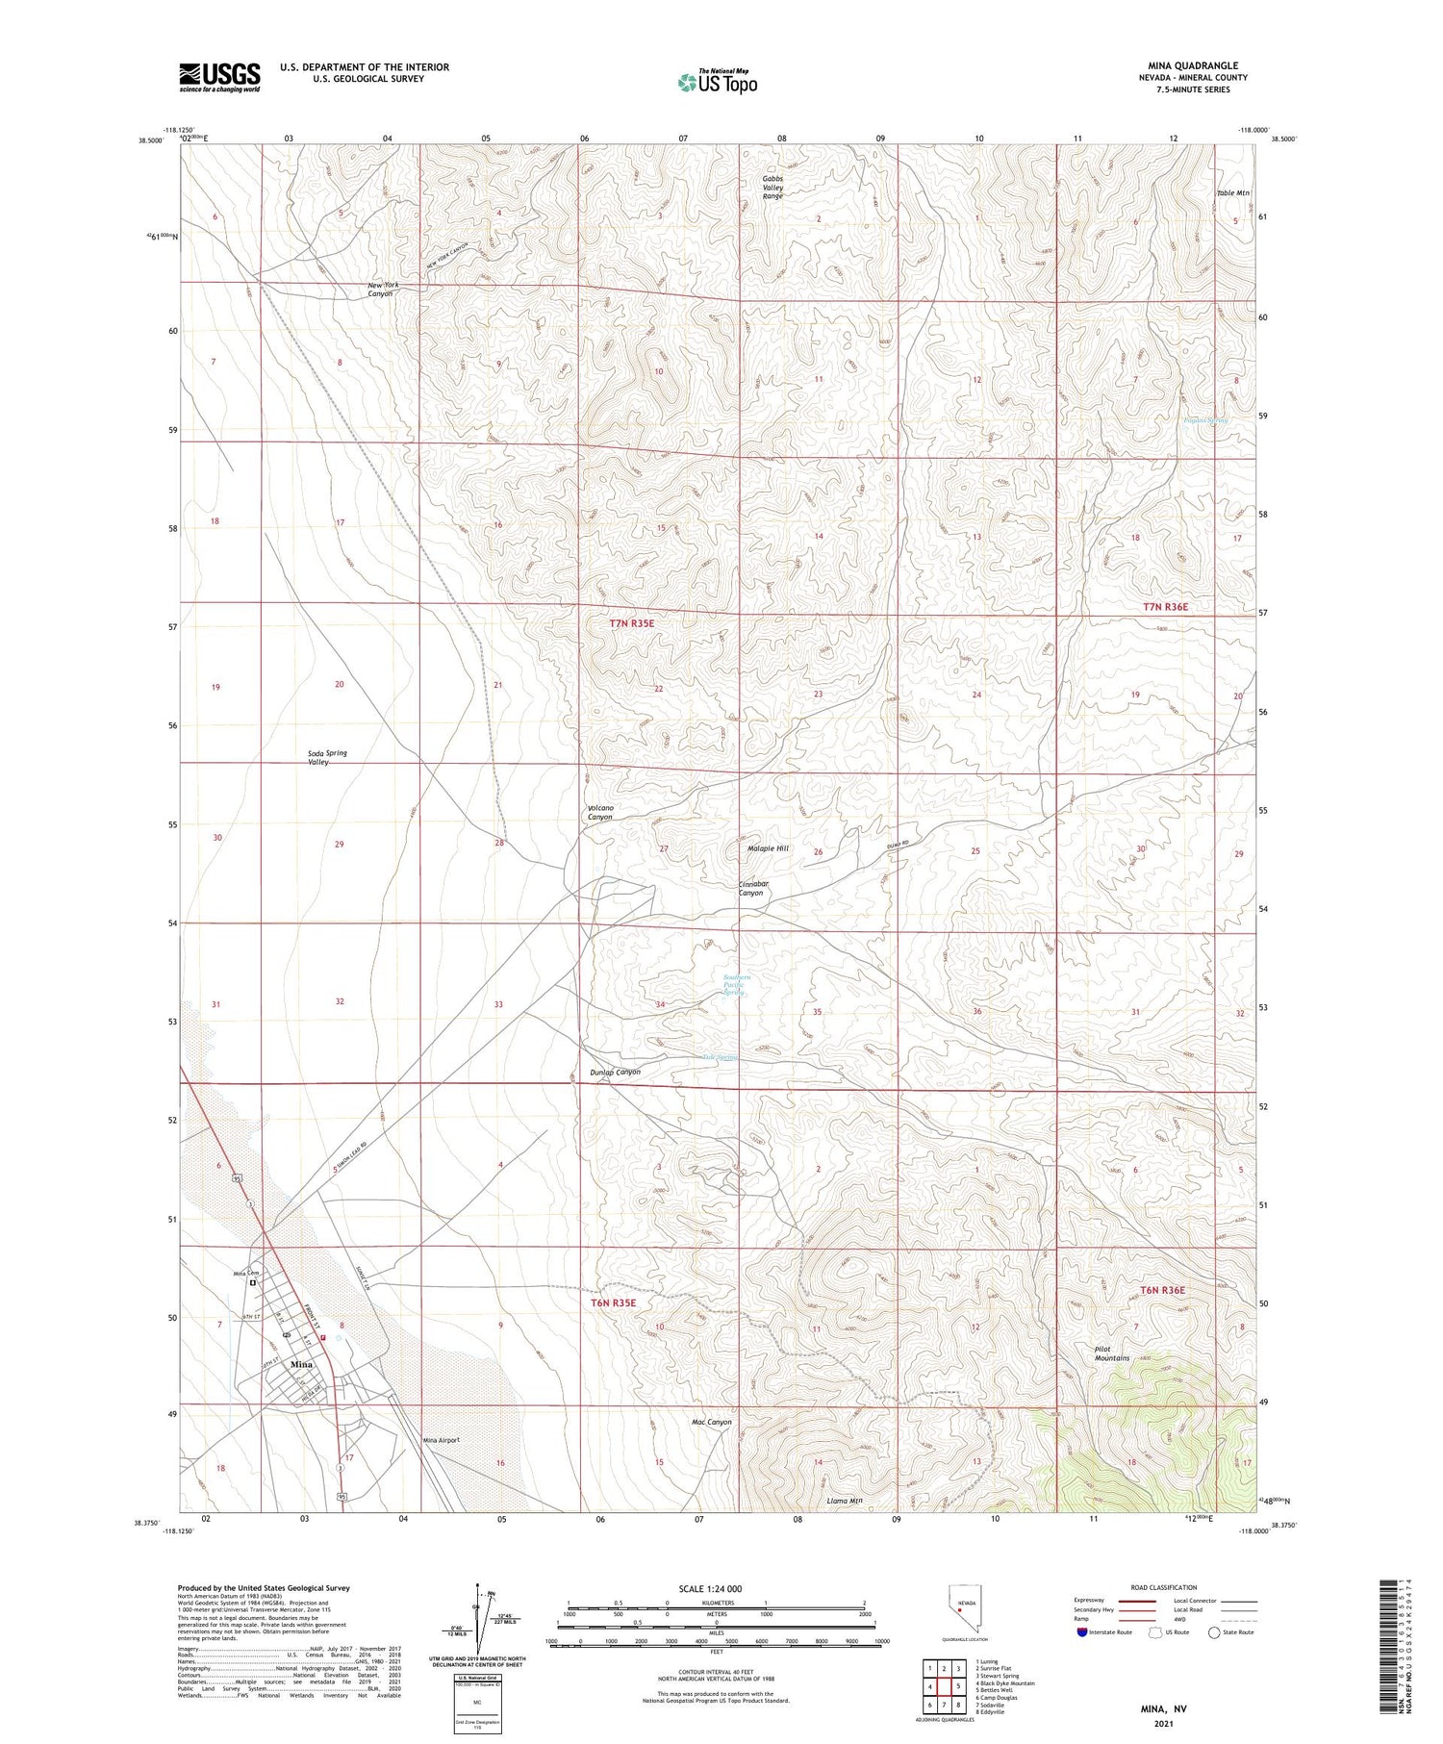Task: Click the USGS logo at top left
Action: click(219, 77)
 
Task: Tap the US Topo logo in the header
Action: click(717, 83)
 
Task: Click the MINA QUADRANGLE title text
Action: click(1193, 65)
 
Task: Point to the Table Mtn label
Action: click(1232, 193)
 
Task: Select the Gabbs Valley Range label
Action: click(772, 188)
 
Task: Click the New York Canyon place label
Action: click(380, 290)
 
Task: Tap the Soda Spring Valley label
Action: click(327, 757)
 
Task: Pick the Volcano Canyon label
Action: click(600, 812)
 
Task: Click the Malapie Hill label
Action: click(768, 848)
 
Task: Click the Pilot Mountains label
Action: click(1111, 1353)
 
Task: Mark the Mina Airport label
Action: click(442, 1440)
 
